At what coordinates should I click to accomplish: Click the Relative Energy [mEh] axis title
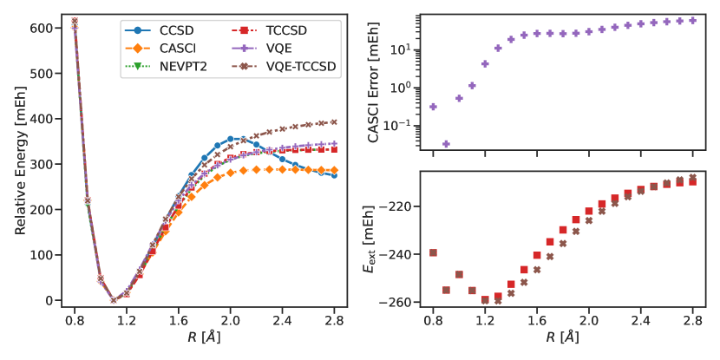click(20, 164)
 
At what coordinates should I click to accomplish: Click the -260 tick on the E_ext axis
click(402, 302)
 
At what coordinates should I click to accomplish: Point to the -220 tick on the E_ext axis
click(402, 206)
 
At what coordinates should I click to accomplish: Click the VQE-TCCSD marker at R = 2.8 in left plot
click(333, 122)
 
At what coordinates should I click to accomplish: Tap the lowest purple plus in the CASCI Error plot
click(446, 144)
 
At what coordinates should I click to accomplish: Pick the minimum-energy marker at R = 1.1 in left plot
click(114, 300)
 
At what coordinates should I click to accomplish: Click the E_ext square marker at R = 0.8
click(433, 252)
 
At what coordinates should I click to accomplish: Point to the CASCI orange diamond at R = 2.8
click(333, 170)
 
